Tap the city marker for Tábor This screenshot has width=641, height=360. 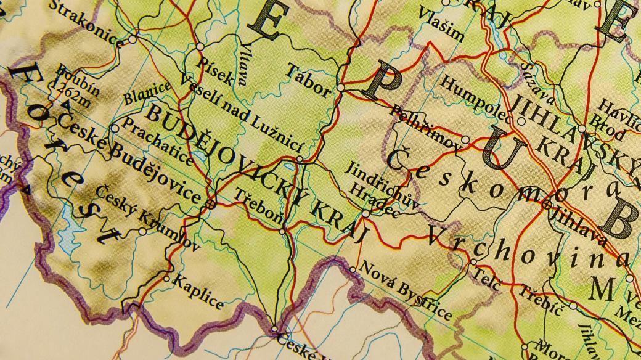341,88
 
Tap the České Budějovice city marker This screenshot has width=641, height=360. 211,202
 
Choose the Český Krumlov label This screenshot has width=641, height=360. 147,219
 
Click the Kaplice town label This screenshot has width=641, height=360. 198,292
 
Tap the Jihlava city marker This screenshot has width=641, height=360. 547,204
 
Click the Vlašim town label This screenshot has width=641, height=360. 441,23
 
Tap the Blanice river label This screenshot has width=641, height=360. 146,92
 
